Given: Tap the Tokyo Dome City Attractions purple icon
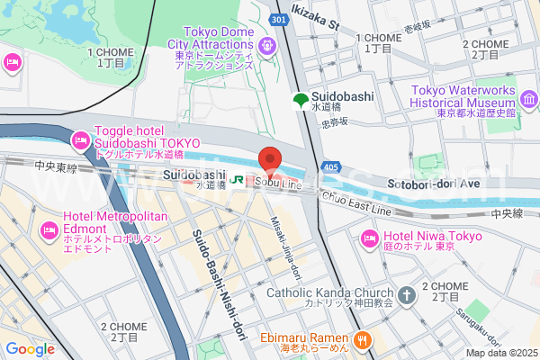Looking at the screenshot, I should click(x=266, y=45).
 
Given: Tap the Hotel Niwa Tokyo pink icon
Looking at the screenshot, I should click(x=367, y=238).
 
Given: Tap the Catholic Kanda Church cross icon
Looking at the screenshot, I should click(x=406, y=294).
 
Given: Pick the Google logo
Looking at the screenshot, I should click(x=31, y=349).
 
